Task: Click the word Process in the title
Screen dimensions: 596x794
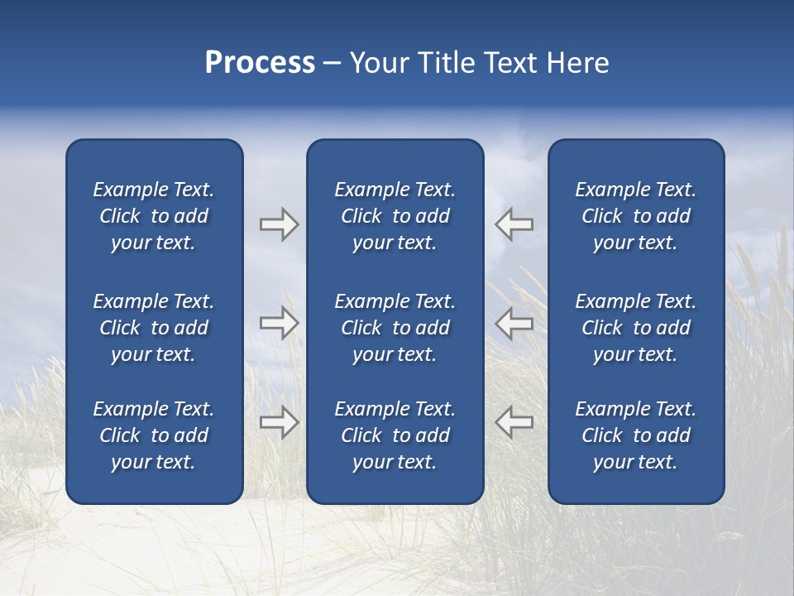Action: [x=260, y=63]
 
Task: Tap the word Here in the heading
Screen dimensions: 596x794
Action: [x=578, y=63]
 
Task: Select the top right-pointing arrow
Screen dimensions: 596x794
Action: [x=279, y=224]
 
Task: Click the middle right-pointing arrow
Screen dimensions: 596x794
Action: [x=279, y=323]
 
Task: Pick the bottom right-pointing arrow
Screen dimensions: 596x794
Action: [x=279, y=421]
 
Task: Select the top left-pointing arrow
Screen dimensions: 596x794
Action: [x=514, y=224]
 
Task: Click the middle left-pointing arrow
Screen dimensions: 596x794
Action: [x=514, y=323]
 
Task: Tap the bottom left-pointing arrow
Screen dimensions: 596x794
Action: [x=514, y=421]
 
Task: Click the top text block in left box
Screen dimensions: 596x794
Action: [x=154, y=216]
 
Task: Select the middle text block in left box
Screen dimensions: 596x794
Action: [x=154, y=328]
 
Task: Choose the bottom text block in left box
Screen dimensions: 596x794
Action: [x=154, y=435]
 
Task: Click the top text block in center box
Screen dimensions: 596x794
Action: [x=395, y=216]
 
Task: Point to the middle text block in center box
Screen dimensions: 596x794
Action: [x=395, y=328]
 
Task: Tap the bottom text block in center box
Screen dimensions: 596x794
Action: [x=395, y=435]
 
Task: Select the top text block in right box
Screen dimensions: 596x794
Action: [x=635, y=216]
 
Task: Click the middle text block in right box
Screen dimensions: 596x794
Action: [x=635, y=328]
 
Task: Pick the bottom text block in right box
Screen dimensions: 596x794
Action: [x=635, y=435]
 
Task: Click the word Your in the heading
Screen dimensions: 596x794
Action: [x=380, y=63]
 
